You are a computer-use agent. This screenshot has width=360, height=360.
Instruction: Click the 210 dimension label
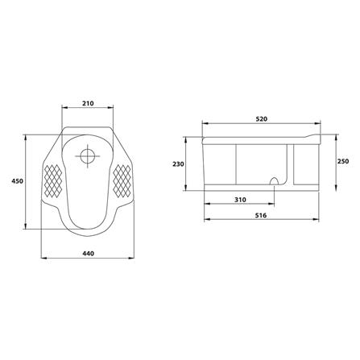88,103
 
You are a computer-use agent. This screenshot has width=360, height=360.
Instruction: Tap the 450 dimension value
17,181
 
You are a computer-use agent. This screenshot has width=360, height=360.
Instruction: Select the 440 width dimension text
88,253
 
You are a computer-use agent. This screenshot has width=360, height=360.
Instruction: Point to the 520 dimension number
262,119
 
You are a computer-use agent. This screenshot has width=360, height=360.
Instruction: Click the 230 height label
178,163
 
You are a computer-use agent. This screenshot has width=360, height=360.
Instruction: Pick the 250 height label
343,161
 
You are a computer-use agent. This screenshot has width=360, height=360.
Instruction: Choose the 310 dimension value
240,200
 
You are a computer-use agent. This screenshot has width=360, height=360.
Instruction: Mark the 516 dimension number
261,215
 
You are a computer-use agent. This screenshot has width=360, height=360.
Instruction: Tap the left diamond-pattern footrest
53,180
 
